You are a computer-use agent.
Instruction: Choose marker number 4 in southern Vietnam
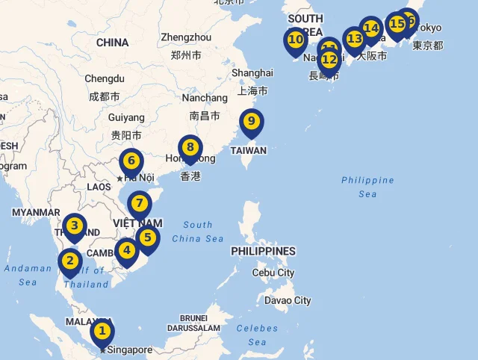128,251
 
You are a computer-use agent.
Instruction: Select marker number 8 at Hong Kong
190,148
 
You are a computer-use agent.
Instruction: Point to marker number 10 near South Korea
296,40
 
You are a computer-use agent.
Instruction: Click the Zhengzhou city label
186,37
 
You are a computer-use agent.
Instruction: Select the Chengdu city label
104,78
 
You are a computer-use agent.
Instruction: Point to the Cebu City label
273,273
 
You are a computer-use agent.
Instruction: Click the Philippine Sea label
367,187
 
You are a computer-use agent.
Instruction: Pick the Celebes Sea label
257,335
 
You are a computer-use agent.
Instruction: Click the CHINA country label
113,43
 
